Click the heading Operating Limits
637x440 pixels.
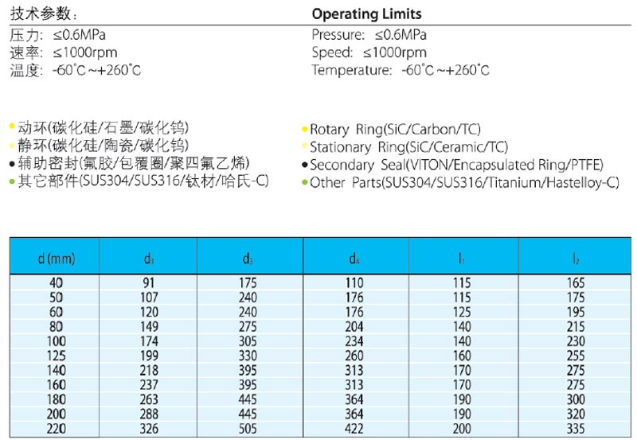click(x=366, y=14)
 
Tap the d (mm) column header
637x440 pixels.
click(x=56, y=258)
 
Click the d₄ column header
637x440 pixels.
click(x=354, y=258)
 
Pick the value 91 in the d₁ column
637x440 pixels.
click(x=149, y=282)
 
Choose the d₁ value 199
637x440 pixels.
click(x=149, y=356)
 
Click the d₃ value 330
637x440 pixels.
click(x=248, y=356)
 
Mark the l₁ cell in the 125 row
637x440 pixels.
click(x=462, y=356)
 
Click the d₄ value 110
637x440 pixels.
click(x=354, y=282)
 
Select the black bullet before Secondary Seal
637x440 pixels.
click(x=304, y=165)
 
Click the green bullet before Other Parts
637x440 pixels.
click(x=304, y=184)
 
